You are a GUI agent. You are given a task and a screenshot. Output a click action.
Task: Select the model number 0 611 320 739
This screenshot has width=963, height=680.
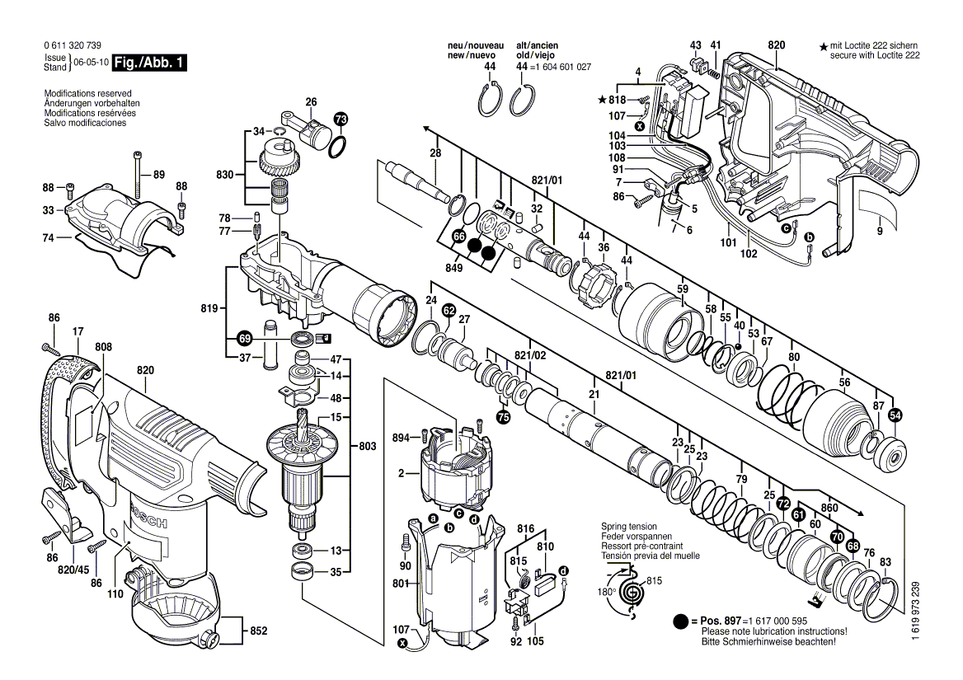74,46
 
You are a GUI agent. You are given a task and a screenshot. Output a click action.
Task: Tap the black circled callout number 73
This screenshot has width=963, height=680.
341,120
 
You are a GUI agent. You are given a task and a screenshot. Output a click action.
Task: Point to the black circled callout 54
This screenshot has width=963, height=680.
895,416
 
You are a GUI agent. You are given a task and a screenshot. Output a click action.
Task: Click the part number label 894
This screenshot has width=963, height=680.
402,437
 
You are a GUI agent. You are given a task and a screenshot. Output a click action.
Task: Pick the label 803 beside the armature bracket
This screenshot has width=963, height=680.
368,446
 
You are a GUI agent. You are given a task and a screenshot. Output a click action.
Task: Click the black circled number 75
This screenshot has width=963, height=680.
503,418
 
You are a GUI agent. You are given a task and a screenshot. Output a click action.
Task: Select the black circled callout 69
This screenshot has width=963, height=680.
244,338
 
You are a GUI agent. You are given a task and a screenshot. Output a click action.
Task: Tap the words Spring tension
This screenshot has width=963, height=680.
629,526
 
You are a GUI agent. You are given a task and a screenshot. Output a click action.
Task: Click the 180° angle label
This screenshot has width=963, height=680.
606,592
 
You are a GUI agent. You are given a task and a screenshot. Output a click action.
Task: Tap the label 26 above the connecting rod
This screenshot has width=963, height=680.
311,102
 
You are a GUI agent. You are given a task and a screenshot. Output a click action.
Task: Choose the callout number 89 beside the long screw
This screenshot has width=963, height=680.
159,175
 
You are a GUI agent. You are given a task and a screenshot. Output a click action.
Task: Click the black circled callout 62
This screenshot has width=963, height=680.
448,311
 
